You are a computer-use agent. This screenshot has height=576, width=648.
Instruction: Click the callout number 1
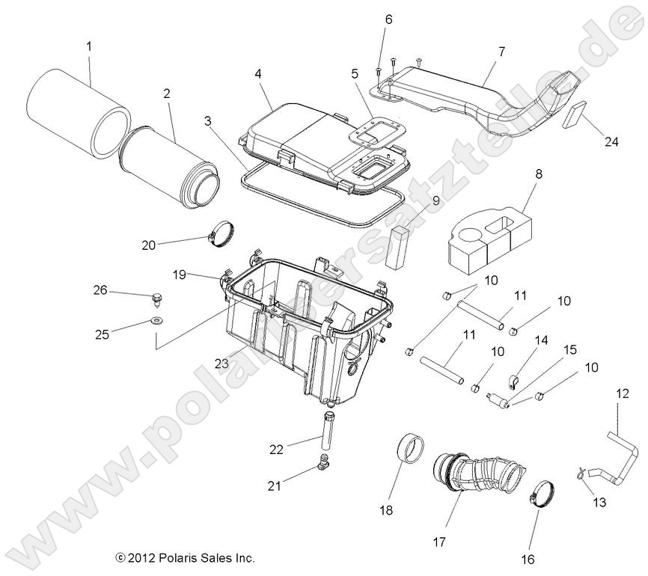point(89,46)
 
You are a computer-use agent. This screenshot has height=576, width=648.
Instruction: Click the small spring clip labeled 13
point(580,471)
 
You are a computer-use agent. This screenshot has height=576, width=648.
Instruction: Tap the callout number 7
point(501,52)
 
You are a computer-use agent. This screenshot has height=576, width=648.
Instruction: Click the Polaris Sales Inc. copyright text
point(185,557)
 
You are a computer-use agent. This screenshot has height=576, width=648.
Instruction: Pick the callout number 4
point(257,74)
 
